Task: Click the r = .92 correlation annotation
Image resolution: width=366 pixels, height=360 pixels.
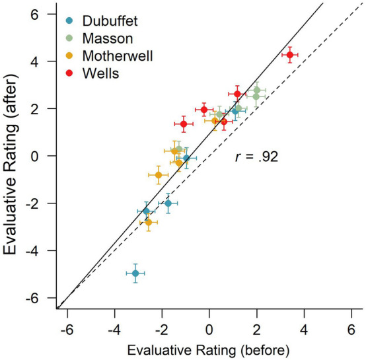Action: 257,157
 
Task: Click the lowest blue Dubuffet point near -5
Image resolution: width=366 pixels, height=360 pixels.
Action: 135,273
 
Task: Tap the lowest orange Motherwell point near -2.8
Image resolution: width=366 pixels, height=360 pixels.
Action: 148,223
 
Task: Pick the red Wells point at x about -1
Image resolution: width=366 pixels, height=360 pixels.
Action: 184,124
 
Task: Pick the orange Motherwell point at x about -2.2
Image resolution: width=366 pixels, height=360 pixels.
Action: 158,175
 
